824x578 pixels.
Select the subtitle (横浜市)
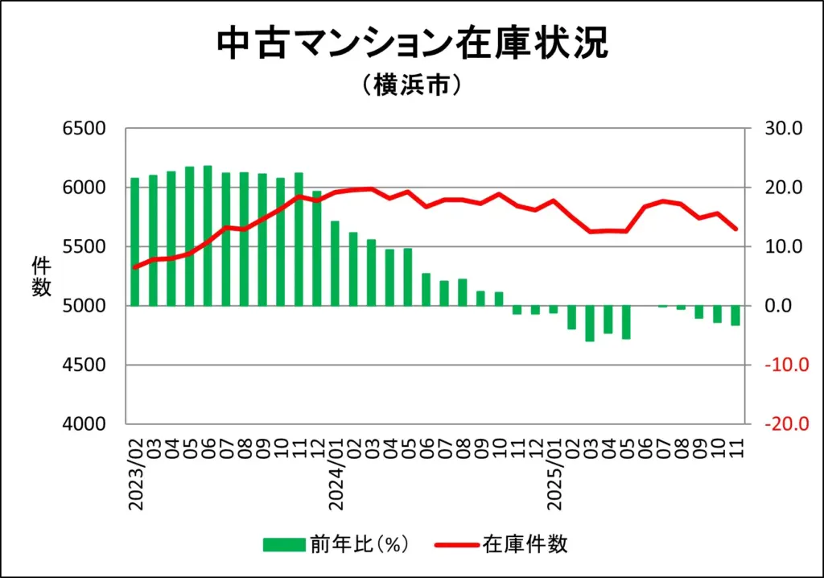(x=412, y=85)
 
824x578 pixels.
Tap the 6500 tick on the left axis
(x=84, y=129)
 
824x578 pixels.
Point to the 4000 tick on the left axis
(x=84, y=424)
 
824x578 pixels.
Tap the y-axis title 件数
(x=42, y=276)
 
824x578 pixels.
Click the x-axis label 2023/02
(x=135, y=475)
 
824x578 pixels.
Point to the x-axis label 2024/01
(x=336, y=475)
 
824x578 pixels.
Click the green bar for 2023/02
(x=135, y=242)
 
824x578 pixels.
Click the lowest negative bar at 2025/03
(x=590, y=324)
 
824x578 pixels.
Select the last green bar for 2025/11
(x=735, y=316)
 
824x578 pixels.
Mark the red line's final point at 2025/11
(x=735, y=229)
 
